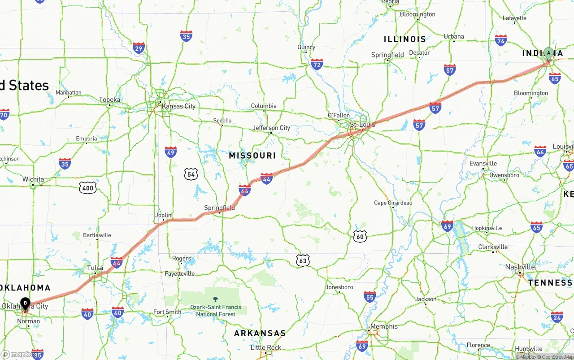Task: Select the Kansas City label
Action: (x=178, y=106)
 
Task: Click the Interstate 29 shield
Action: (x=139, y=48)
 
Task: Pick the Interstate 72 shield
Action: (x=317, y=65)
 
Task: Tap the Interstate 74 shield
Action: (x=501, y=40)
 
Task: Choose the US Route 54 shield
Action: (x=191, y=174)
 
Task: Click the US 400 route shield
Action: (x=87, y=188)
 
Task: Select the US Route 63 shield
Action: (x=303, y=260)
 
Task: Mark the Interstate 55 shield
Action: (x=370, y=296)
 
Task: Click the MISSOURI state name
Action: (x=252, y=156)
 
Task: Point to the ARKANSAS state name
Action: (x=260, y=333)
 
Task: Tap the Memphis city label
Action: (x=384, y=326)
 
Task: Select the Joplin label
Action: (x=163, y=215)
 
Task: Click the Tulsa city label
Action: (x=95, y=268)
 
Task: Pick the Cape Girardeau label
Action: (x=393, y=203)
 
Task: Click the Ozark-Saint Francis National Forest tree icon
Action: (x=215, y=299)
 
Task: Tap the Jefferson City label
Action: (x=271, y=128)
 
